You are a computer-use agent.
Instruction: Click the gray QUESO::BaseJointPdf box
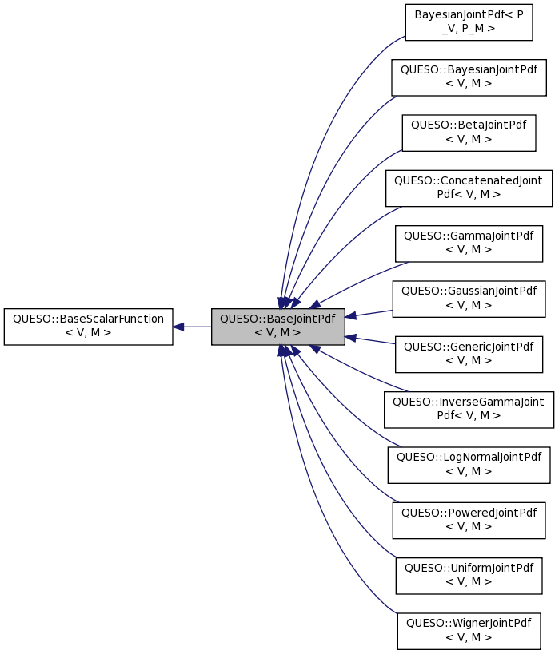tap(278, 326)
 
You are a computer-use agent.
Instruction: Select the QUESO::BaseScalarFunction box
tap(88, 326)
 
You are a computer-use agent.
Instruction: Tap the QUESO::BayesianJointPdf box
tap(469, 77)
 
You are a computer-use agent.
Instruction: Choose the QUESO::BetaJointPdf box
tap(469, 133)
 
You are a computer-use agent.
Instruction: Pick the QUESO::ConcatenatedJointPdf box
tap(469, 188)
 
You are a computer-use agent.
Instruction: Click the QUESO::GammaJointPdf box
tap(469, 243)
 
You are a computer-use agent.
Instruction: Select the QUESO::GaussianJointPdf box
tap(469, 298)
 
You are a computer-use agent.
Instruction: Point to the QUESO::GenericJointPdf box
tap(469, 354)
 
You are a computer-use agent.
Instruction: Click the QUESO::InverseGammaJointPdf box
tap(469, 409)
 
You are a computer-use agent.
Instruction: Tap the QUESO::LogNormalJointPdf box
tap(469, 464)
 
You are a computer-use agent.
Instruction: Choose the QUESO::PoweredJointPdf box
tap(469, 520)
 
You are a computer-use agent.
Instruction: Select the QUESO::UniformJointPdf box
tap(469, 575)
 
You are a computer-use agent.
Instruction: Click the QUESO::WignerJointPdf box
tap(469, 630)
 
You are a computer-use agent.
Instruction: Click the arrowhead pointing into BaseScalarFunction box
tap(180, 327)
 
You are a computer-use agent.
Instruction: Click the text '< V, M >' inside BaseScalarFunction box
tap(88, 332)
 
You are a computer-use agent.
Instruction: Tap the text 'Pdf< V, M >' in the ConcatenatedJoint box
tap(469, 194)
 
